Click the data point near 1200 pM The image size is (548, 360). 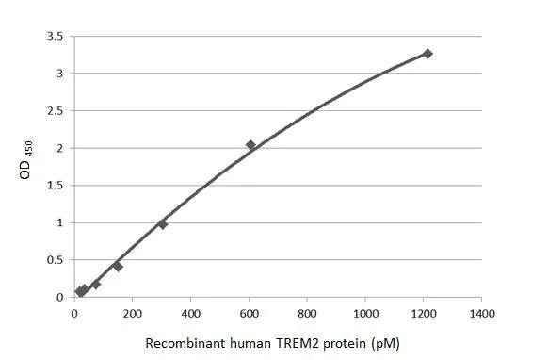point(427,54)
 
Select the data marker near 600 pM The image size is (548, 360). point(250,145)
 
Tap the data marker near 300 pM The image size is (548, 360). point(163,224)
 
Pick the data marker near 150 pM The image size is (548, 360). point(118,267)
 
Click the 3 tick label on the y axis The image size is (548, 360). point(58,74)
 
